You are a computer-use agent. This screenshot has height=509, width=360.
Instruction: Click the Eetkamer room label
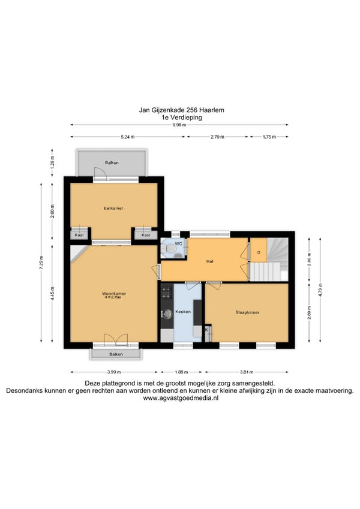pos(113,208)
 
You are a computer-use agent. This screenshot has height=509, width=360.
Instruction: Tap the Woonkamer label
pos(114,293)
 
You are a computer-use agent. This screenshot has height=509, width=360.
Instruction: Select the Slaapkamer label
pos(247,312)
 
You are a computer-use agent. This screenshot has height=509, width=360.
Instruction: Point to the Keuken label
pos(183,312)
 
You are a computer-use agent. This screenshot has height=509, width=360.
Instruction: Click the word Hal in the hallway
pos(210,261)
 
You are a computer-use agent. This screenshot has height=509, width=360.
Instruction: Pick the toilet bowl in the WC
pos(170,249)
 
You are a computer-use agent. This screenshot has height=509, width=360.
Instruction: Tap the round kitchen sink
pos(167,314)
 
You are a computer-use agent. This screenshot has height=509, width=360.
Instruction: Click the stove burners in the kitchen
pos(166,292)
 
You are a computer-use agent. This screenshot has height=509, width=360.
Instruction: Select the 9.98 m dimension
pos(179,125)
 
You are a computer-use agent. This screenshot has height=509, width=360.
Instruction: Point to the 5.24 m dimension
pos(128,137)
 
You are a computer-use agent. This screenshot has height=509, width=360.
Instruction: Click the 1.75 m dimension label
pos(269,137)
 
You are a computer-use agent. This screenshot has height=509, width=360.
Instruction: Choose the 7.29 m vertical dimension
pos(41,263)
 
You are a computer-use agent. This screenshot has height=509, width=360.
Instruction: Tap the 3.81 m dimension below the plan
pos(247,372)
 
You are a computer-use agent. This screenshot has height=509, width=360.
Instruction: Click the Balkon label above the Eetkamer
pos(112,162)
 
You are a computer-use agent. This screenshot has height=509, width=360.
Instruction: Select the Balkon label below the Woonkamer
pos(116,354)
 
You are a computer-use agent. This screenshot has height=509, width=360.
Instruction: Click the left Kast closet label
pos(79,234)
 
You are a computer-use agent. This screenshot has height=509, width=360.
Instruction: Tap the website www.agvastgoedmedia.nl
pos(181,398)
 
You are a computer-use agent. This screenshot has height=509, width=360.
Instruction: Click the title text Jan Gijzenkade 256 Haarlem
pos(182,110)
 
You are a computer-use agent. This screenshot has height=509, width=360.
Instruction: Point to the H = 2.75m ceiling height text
pos(113,297)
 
